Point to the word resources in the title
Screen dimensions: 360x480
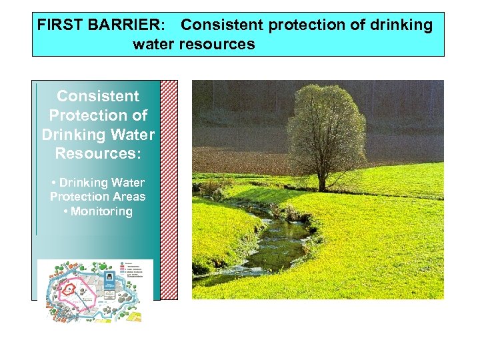point(217,45)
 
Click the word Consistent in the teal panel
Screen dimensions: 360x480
point(98,96)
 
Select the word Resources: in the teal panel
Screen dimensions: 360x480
point(98,153)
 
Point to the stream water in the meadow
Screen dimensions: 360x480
point(280,240)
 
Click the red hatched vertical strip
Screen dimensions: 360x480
point(169,190)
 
